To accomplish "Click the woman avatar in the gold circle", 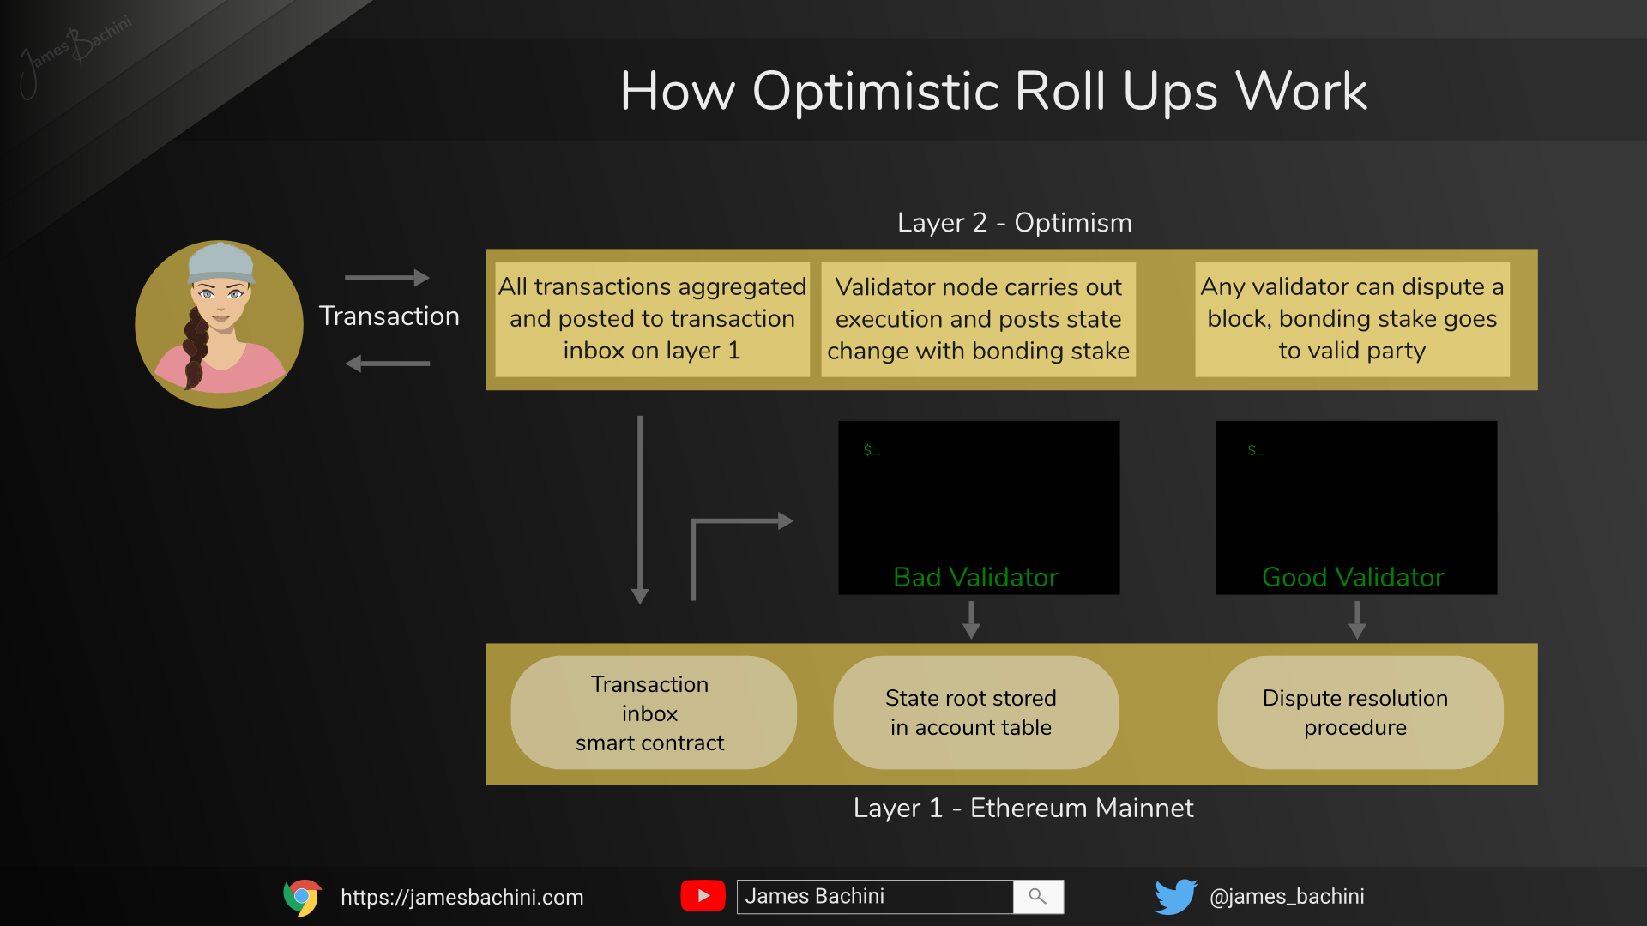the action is click(x=219, y=324).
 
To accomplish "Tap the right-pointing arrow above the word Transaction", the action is click(x=387, y=278).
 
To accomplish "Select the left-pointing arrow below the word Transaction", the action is click(x=387, y=364).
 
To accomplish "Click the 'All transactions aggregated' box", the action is click(x=652, y=319).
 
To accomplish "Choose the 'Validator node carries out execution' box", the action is click(x=978, y=319).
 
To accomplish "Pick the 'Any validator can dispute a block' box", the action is click(x=1352, y=319).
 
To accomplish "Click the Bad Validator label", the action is click(x=975, y=577).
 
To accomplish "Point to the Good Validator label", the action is click(x=1353, y=577).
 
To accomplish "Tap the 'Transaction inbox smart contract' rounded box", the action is click(x=654, y=713).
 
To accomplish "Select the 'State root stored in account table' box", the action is click(x=976, y=713).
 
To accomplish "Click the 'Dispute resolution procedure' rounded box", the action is click(x=1360, y=713).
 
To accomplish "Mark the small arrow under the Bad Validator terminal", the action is click(x=971, y=620).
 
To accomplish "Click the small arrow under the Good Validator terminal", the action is click(x=1357, y=620).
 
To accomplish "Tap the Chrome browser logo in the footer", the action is click(x=303, y=897).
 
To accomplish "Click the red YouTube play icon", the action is click(x=703, y=896).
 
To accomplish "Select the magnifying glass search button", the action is click(x=1038, y=897).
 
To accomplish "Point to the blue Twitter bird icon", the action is click(x=1176, y=897).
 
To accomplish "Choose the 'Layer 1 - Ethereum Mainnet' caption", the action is click(x=1023, y=808).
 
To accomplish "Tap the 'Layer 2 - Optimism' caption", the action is click(x=1015, y=223).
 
